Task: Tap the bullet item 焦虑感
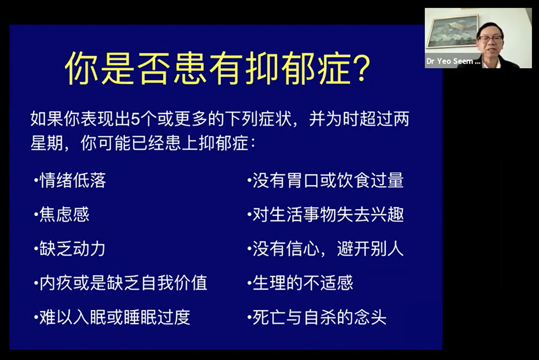point(64,215)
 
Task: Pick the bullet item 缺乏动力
point(72,249)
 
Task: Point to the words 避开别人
point(370,249)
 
